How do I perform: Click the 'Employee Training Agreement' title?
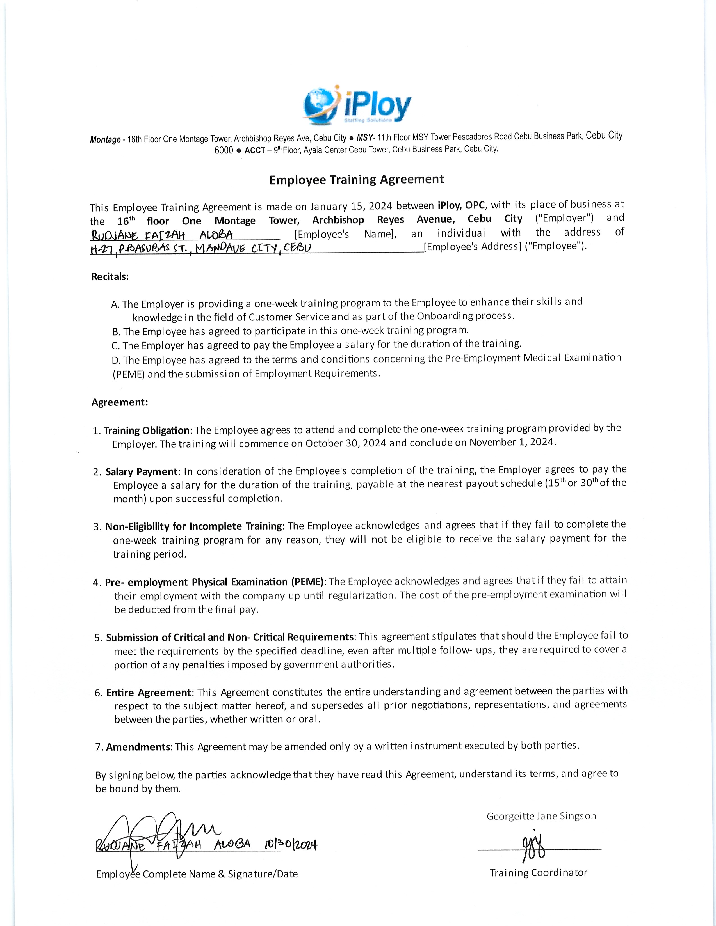click(357, 180)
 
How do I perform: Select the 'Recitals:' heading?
click(110, 277)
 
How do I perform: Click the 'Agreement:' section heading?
click(120, 402)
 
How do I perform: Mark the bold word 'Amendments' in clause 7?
click(138, 747)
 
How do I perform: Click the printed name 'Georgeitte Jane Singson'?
click(541, 816)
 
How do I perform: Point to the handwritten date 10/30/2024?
click(291, 845)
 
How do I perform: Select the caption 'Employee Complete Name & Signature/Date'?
click(197, 874)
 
